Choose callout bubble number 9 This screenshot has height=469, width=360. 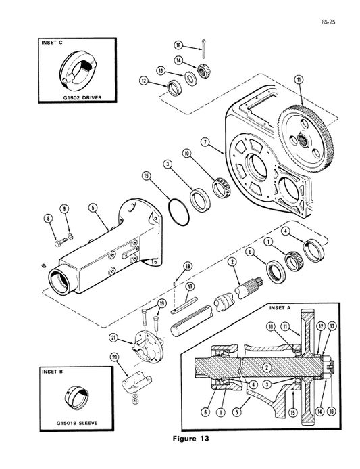[64, 208]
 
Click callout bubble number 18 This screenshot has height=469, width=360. [187, 265]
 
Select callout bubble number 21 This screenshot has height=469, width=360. [113, 337]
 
